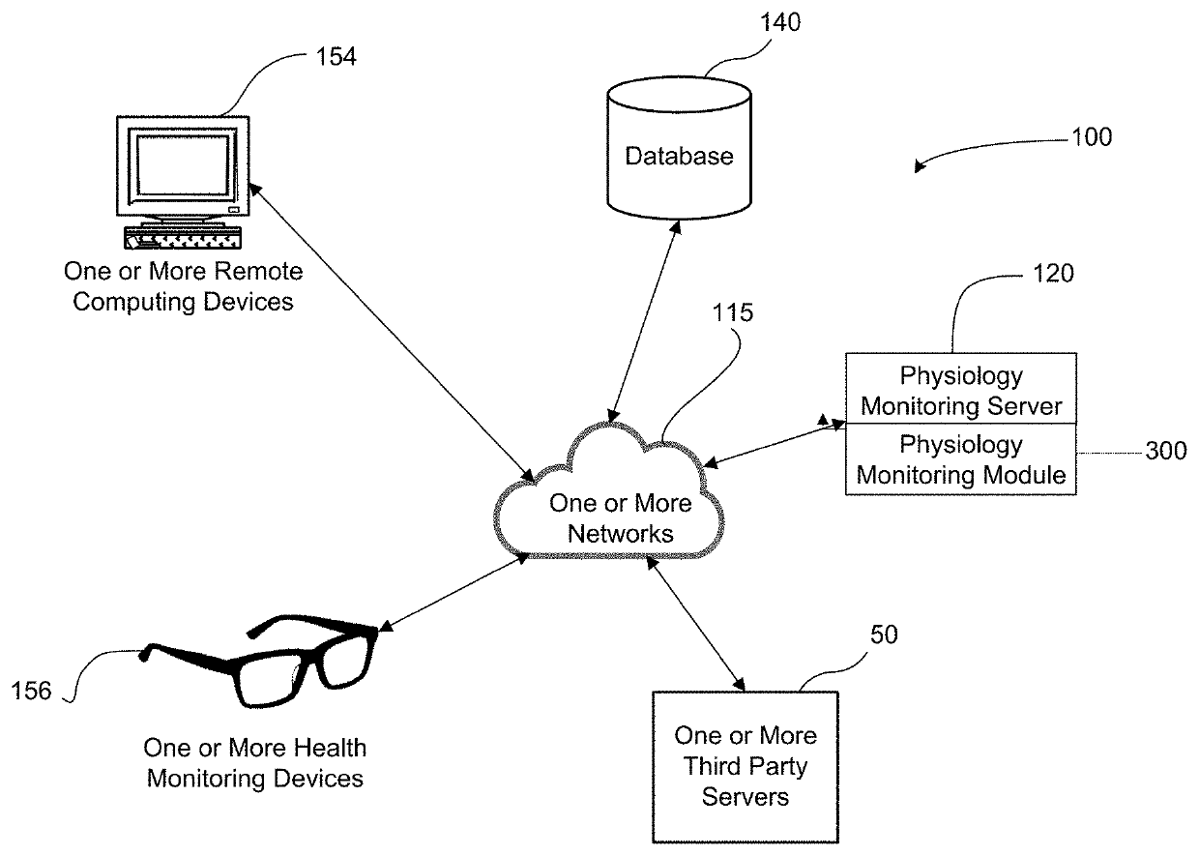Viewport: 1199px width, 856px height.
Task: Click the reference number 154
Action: (x=336, y=57)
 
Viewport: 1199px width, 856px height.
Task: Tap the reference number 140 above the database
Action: (x=780, y=22)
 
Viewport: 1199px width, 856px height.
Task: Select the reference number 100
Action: (x=1092, y=137)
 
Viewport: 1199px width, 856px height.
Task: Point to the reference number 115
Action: (x=732, y=312)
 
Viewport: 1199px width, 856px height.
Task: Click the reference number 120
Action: (x=1053, y=274)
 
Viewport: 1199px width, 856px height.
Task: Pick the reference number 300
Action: (x=1166, y=451)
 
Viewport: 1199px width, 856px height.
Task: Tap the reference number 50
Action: (x=884, y=635)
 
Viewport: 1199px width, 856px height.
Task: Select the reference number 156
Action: (x=31, y=691)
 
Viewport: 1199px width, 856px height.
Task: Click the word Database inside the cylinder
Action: (x=679, y=157)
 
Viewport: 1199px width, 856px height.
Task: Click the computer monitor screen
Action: (x=183, y=164)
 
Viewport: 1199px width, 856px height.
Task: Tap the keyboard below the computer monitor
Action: (x=183, y=238)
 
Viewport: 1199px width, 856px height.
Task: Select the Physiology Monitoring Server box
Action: (x=961, y=388)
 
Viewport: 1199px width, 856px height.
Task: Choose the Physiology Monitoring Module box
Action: (x=961, y=458)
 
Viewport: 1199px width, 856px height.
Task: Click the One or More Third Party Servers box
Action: (x=746, y=767)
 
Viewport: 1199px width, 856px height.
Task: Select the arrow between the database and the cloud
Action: (x=644, y=321)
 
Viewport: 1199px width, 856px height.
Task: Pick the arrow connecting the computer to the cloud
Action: (x=392, y=332)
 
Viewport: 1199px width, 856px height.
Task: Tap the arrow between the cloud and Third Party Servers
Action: (x=696, y=624)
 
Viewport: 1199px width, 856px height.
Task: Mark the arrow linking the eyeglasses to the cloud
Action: (x=454, y=593)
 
